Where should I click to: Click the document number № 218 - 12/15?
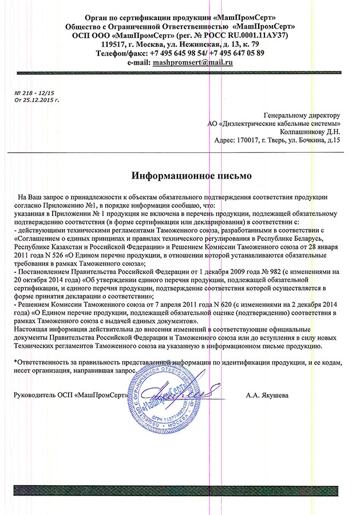[x=34, y=92]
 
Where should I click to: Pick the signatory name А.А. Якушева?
[x=267, y=395]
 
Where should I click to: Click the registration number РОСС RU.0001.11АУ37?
[x=248, y=35]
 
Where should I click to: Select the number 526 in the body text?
[x=58, y=256]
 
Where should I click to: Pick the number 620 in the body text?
[x=226, y=306]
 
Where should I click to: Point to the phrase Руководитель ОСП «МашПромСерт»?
[x=69, y=395]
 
